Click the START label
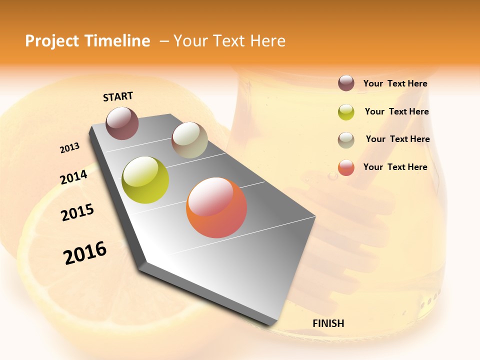click(x=118, y=96)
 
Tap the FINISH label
click(x=328, y=323)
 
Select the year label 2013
click(x=69, y=148)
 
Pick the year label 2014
click(x=73, y=177)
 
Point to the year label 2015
click(x=77, y=212)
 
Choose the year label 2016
click(x=85, y=253)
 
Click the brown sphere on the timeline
click(x=122, y=123)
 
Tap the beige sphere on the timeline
click(x=189, y=140)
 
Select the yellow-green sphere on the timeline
click(x=145, y=180)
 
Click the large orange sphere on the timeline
click(x=216, y=207)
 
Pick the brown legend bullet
click(x=346, y=83)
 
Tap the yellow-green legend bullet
click(x=346, y=112)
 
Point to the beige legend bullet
click(x=346, y=140)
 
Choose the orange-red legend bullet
click(x=346, y=167)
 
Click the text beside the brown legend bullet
click(x=395, y=84)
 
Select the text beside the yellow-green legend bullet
click(x=396, y=111)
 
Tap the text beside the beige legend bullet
click(x=397, y=139)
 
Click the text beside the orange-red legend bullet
click(x=395, y=167)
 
